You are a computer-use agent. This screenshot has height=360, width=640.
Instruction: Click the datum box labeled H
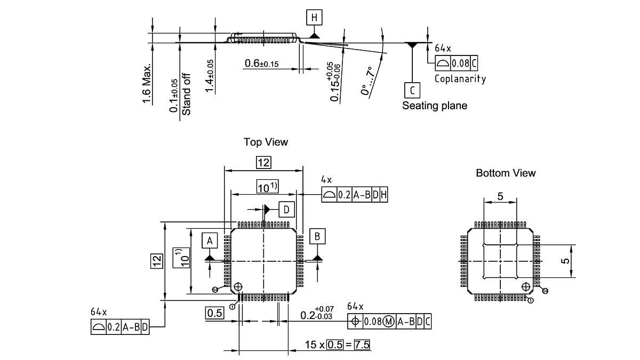click(x=315, y=17)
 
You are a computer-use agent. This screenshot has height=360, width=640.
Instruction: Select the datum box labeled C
click(x=412, y=89)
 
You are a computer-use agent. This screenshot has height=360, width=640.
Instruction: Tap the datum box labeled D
click(x=286, y=209)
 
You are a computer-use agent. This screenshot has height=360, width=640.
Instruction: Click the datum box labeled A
click(x=210, y=241)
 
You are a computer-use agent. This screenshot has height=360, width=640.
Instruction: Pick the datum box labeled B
click(x=318, y=236)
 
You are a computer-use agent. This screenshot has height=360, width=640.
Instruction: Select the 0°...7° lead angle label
click(x=367, y=81)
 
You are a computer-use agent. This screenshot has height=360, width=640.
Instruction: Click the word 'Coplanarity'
click(x=460, y=79)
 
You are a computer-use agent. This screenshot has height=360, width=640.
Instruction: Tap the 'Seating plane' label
click(x=435, y=106)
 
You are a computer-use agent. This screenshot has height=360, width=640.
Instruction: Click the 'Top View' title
click(x=266, y=142)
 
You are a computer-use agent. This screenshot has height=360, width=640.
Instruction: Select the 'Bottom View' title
click(x=506, y=173)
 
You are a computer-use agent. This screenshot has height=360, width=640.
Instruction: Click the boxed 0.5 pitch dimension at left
click(x=214, y=313)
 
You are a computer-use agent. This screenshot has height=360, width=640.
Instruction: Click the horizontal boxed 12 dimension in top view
click(x=263, y=163)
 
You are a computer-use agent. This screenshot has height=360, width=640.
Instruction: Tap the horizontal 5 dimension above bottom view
click(x=500, y=196)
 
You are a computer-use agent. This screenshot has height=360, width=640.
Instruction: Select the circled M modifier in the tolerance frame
click(x=388, y=322)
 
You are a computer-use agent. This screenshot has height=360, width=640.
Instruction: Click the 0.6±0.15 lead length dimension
click(x=262, y=64)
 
